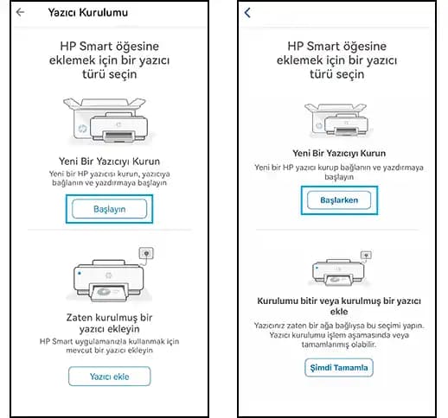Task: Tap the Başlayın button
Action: (x=110, y=209)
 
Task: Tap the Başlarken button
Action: (x=339, y=199)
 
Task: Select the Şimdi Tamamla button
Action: (x=339, y=368)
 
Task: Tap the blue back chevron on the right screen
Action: (x=248, y=13)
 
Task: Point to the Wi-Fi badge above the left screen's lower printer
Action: (x=146, y=255)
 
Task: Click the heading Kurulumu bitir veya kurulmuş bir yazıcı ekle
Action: (x=339, y=306)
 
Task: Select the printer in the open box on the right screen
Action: (x=339, y=119)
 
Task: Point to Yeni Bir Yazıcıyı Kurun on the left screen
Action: (x=110, y=161)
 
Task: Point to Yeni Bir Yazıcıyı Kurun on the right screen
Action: (x=339, y=152)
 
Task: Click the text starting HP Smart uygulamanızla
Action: (x=110, y=347)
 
